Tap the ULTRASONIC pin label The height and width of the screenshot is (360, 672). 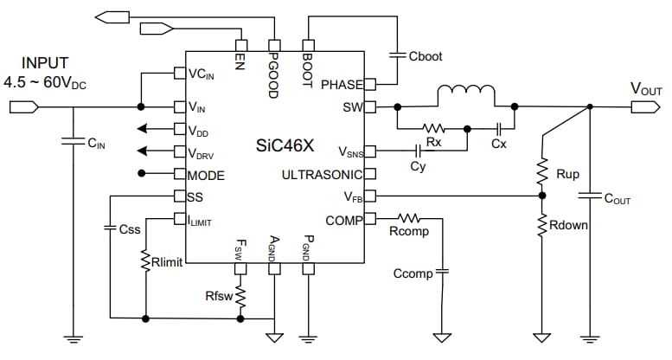[322, 175]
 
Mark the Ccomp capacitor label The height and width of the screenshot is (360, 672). [412, 274]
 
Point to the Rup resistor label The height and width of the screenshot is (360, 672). [567, 174]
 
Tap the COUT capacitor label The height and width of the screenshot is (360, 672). [616, 199]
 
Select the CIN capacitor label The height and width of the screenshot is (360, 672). [96, 144]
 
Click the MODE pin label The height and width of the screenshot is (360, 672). [206, 175]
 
